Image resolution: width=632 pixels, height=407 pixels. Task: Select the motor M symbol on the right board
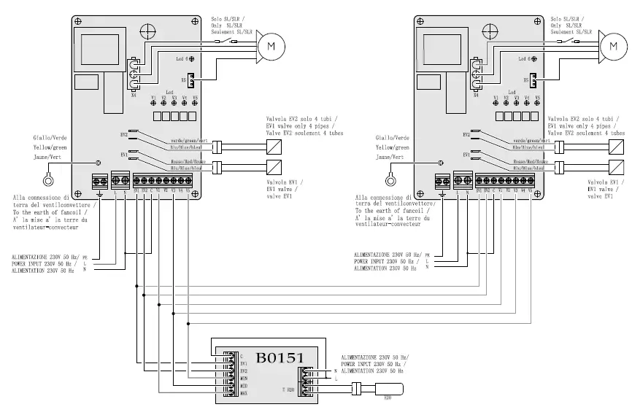[615, 46]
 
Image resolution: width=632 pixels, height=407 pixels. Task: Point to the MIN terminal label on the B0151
[244, 378]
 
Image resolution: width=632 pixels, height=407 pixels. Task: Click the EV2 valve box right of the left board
[274, 145]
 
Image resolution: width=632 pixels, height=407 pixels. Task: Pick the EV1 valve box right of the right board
[617, 166]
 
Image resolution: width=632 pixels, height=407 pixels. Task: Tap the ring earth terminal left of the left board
[48, 180]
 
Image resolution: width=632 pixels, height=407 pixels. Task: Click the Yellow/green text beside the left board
[50, 146]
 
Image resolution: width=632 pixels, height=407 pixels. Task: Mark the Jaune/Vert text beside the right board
[391, 156]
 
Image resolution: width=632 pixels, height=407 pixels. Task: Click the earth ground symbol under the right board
[442, 193]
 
